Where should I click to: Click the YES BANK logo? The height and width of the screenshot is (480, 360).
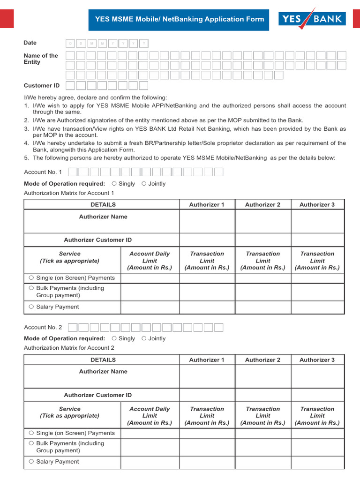pyautogui.click(x=312, y=19)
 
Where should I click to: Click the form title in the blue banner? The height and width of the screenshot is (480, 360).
pyautogui.click(x=180, y=19)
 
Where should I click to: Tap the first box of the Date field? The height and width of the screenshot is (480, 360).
pyautogui.click(x=71, y=44)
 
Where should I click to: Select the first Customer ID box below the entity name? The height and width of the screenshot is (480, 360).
pyautogui.click(x=70, y=86)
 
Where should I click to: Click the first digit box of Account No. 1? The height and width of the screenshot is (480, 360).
pyautogui.click(x=73, y=172)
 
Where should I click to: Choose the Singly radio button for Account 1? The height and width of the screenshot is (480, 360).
pyautogui.click(x=114, y=184)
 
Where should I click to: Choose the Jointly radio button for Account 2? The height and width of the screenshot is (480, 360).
pyautogui.click(x=144, y=338)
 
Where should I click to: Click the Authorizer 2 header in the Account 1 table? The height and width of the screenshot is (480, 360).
pyautogui.click(x=262, y=204)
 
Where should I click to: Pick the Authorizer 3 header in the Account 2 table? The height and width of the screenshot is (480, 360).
pyautogui.click(x=317, y=360)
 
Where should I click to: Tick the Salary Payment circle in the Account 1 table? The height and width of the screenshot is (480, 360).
pyautogui.click(x=31, y=307)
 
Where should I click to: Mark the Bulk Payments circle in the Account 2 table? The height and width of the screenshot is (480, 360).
pyautogui.click(x=31, y=443)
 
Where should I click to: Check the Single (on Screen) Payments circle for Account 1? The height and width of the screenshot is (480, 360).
pyautogui.click(x=31, y=278)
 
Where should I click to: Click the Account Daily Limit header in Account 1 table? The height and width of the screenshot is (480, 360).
pyautogui.click(x=150, y=261)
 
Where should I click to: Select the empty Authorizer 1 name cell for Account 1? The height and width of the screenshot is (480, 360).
pyautogui.click(x=207, y=221)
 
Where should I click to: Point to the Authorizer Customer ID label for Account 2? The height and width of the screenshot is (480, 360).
pyautogui.click(x=98, y=395)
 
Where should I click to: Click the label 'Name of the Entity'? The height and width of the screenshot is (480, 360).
pyautogui.click(x=41, y=59)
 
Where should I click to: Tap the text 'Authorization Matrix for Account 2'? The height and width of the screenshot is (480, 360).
pyautogui.click(x=69, y=348)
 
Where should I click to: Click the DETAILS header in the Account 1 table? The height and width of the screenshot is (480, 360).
pyautogui.click(x=103, y=204)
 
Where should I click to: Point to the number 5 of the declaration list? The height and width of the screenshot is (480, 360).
pyautogui.click(x=27, y=158)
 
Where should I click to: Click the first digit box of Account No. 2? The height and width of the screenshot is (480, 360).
pyautogui.click(x=73, y=327)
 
